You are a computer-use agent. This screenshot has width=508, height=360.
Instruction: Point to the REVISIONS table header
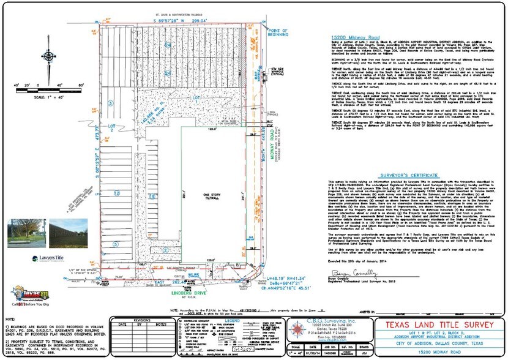[x=141, y=319]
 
